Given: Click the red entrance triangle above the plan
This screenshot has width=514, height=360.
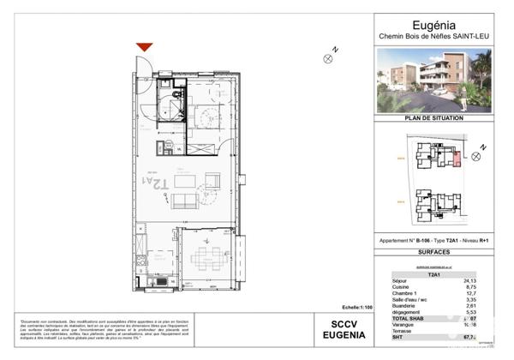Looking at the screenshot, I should (145, 47).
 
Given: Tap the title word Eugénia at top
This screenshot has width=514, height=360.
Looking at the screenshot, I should (434, 24).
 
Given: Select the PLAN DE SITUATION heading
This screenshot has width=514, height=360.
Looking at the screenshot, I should (434, 117).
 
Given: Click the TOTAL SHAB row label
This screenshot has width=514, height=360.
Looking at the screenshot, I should (401, 320).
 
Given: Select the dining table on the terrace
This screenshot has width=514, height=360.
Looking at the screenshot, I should (205, 257).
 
